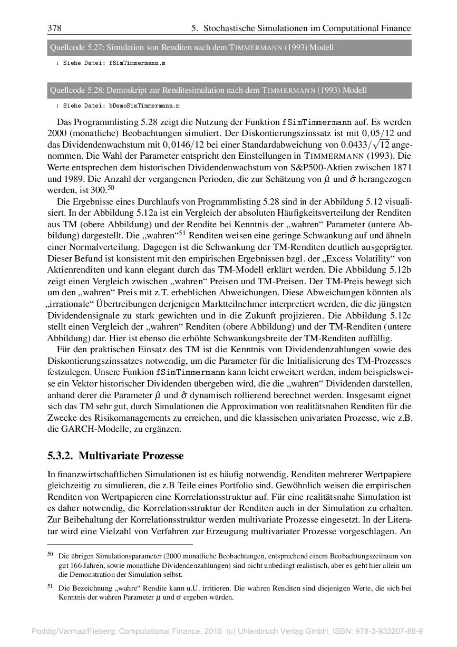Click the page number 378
(x=54, y=28)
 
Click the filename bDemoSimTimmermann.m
(x=144, y=105)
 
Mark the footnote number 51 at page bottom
(x=51, y=586)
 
